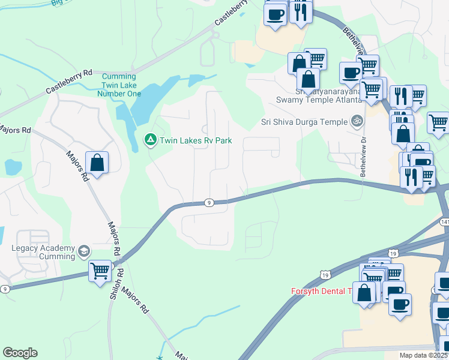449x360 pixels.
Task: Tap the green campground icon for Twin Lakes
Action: pyautogui.click(x=149, y=140)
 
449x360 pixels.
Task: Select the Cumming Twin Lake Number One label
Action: pyautogui.click(x=121, y=85)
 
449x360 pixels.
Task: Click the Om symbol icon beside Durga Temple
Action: pyautogui.click(x=357, y=121)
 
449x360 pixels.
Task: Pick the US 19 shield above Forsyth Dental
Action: pyautogui.click(x=325, y=275)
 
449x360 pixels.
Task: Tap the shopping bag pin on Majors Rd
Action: pyautogui.click(x=97, y=162)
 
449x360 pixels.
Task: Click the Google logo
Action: pyautogui.click(x=20, y=353)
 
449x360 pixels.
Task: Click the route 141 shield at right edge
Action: pyautogui.click(x=444, y=222)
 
